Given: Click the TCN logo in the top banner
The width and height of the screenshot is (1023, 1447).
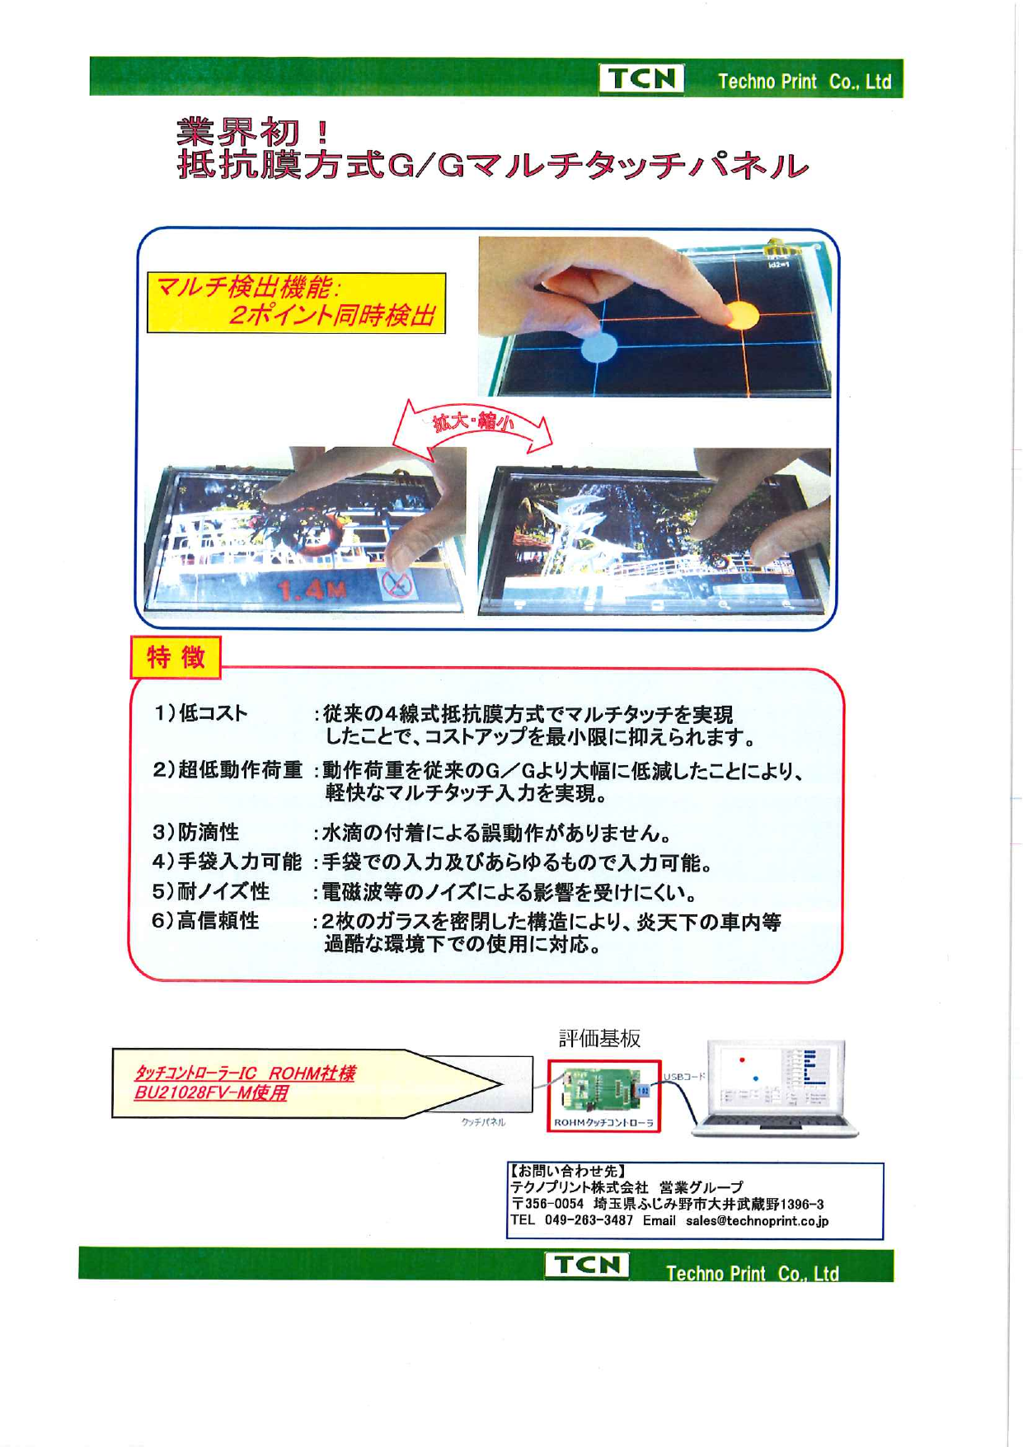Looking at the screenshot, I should coord(641,79).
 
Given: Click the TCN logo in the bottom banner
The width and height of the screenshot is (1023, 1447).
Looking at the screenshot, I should coord(586,1265).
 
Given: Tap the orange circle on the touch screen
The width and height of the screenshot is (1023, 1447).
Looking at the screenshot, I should coord(741,314).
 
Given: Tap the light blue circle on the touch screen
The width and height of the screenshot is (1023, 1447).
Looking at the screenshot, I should coord(599,348).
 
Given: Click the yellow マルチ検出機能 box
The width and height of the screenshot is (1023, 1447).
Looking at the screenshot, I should coord(296,303).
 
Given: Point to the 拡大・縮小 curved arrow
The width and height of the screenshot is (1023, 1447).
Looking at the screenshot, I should coord(472,425).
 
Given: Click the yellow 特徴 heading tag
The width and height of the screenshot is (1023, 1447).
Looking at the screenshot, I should coord(176,657).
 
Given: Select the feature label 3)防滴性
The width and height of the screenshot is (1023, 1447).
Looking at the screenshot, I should coord(196,832).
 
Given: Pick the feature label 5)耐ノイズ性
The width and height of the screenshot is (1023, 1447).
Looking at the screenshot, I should coord(211,891).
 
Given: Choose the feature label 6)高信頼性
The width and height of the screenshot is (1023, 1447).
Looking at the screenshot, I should coord(206,921).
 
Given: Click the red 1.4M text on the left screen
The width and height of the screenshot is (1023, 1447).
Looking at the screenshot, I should coord(312,590).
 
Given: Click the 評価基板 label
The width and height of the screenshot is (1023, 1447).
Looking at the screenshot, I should coord(599,1038).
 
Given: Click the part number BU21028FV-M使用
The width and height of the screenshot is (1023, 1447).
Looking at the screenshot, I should coord(211,1093).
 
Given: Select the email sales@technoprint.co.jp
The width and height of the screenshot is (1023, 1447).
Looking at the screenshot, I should coord(757,1220).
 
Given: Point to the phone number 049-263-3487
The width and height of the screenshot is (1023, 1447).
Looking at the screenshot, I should coord(589,1220).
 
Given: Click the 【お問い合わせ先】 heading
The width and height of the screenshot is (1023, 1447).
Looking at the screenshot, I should coord(568,1171).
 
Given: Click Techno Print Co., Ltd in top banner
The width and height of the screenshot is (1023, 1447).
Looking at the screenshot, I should coord(804,82).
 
